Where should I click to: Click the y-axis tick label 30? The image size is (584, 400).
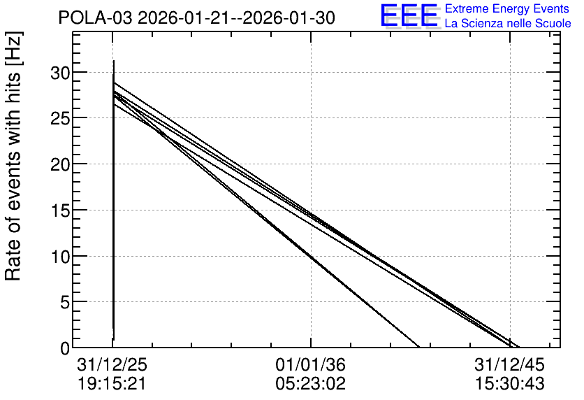pos(60,73)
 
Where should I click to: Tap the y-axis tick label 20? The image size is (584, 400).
pos(60,165)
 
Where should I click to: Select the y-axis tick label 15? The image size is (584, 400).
pos(60,211)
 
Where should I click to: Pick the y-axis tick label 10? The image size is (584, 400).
pos(60,257)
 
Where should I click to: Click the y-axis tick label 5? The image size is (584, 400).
pos(65,303)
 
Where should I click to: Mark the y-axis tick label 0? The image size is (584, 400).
pos(65,349)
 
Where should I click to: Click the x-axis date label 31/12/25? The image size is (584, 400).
pos(112,364)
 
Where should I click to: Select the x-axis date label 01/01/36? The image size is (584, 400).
pos(311,364)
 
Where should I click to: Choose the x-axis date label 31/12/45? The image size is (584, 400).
pos(509,364)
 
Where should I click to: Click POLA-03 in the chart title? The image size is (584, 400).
pos(95,18)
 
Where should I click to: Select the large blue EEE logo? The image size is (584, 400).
pos(409,15)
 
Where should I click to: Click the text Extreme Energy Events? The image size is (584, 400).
pos(507,8)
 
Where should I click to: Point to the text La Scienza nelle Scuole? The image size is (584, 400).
pos(508,23)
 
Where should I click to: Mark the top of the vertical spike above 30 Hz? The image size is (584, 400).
pos(114,60)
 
